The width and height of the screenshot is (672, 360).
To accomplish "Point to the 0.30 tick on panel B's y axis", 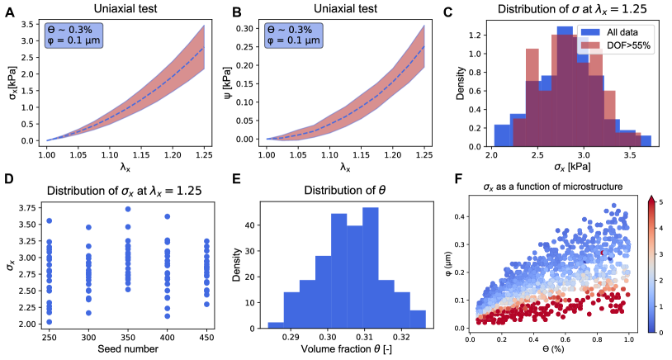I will pyautogui.click(x=245, y=28).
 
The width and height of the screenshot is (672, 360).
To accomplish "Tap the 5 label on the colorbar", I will pyautogui.click(x=661, y=201).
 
